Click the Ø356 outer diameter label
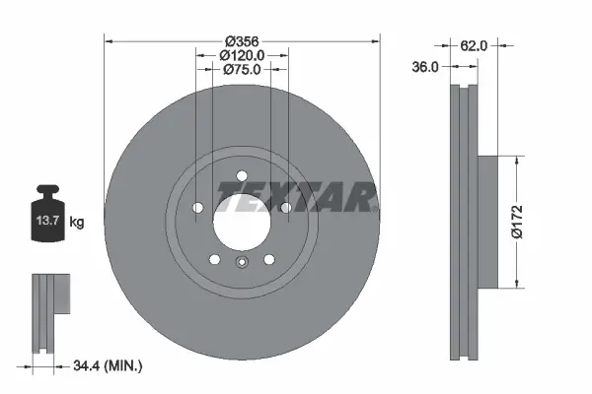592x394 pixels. [x=242, y=40]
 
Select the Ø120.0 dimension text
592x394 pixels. [x=242, y=55]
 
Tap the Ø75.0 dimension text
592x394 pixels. [x=242, y=69]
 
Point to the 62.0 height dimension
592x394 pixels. [x=476, y=44]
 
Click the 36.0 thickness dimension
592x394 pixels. [x=426, y=67]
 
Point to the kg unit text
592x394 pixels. [x=77, y=223]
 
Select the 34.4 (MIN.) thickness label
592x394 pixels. [x=109, y=366]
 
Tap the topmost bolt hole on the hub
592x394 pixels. [x=242, y=177]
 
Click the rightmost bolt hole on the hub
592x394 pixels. [x=285, y=208]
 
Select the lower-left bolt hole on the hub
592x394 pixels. [x=215, y=259]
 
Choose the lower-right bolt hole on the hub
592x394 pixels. [x=268, y=259]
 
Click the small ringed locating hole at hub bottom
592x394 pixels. [x=242, y=261]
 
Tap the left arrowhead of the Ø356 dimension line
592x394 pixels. [x=110, y=40]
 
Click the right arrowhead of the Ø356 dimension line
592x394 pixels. [x=375, y=40]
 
